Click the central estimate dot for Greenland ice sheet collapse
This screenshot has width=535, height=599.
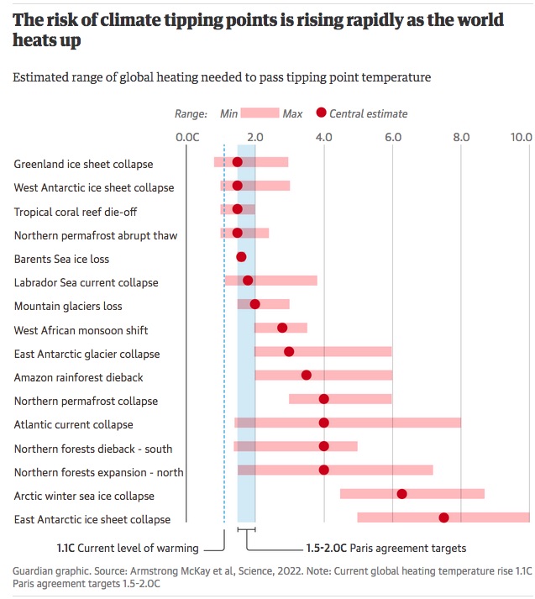pos(237,162)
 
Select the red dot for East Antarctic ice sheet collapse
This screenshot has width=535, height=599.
pos(443,518)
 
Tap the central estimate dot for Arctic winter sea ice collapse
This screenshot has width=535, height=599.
pos(401,494)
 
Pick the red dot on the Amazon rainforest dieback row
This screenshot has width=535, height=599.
pos(307,376)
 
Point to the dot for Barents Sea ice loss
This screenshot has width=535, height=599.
pos(241,257)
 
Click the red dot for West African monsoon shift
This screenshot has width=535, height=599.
pos(282,328)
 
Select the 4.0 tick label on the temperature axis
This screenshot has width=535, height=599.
pos(324,137)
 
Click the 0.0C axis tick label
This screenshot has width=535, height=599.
pos(186,137)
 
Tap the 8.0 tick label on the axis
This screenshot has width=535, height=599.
pos(460,137)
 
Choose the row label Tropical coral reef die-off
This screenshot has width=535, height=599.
pos(75,212)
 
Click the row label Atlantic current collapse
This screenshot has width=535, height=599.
pos(73,425)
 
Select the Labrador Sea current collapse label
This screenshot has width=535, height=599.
pos(86,283)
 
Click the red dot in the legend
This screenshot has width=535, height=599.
pos(320,113)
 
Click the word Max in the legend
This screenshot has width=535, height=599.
pos(293,113)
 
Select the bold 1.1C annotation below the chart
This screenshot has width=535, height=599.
pos(66,548)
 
